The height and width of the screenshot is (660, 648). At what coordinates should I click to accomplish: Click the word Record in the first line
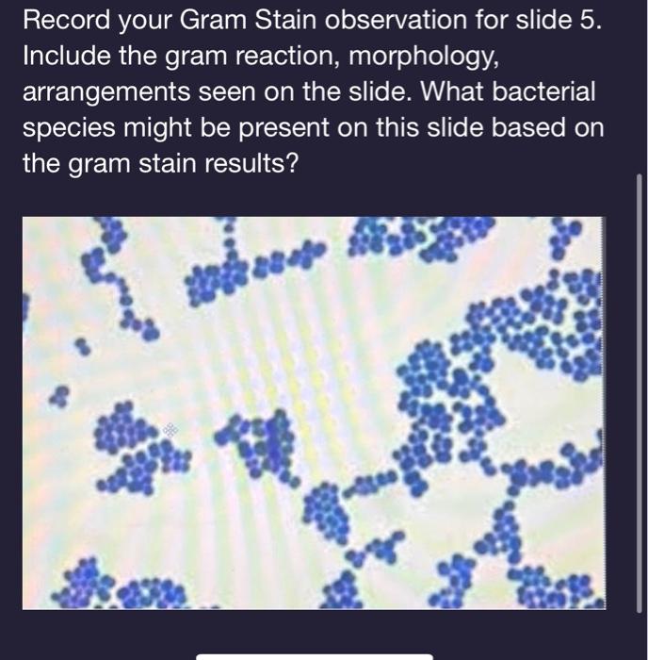click(x=63, y=20)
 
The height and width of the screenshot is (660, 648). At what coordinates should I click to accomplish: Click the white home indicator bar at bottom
click(x=314, y=656)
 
